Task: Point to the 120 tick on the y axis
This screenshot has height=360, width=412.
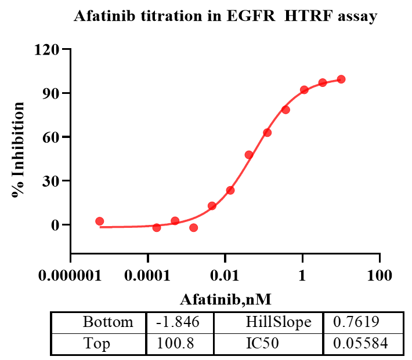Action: (49, 49)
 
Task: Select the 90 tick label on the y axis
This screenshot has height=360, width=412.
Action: (53, 93)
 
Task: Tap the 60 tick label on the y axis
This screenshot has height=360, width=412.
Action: (53, 137)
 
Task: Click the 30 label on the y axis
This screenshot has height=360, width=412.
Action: (53, 181)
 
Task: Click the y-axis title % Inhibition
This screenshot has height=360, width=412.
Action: (19, 150)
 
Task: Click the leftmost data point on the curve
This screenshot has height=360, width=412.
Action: (99, 221)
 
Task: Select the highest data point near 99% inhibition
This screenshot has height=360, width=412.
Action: (341, 79)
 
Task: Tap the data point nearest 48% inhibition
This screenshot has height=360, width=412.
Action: (249, 155)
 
